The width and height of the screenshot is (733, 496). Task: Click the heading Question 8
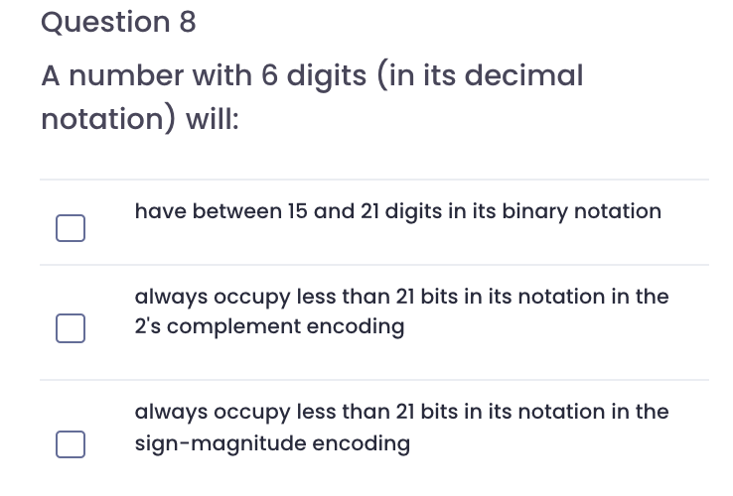click(118, 22)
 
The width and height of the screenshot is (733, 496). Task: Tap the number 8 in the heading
click(186, 22)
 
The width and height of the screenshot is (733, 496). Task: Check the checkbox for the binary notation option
click(69, 228)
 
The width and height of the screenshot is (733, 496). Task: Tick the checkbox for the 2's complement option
click(69, 328)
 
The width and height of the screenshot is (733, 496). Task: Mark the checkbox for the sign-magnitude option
click(69, 443)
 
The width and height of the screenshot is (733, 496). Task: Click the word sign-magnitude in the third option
click(220, 443)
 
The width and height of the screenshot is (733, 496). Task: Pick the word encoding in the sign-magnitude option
click(362, 443)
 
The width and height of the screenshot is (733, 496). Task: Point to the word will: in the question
click(216, 118)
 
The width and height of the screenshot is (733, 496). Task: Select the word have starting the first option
click(156, 210)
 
